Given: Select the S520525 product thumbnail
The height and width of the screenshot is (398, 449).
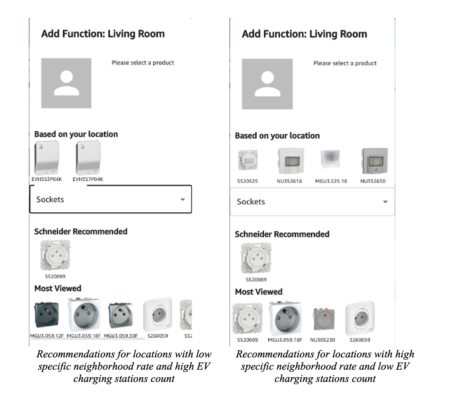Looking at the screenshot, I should coord(247,161).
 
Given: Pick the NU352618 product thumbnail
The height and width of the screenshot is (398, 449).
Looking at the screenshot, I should coord(289,161).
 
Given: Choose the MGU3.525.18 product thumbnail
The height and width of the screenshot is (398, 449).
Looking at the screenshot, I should coord(331,161).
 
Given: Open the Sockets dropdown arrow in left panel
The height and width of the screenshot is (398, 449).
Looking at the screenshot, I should coord(183,199).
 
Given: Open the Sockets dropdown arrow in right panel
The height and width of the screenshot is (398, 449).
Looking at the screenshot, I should coord(385,202).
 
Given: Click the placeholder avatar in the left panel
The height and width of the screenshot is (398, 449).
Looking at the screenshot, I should coord(66,83).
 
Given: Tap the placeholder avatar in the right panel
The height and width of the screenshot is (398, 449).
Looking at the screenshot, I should coord(267,84).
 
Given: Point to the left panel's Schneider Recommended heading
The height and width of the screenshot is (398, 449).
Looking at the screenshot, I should coord(81,232).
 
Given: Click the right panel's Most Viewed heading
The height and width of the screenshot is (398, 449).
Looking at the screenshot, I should coord(259,292).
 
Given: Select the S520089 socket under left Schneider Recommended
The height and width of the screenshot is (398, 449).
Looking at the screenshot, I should coord(55,256).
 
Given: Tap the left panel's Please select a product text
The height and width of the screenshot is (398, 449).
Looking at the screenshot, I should coord(143,63).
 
